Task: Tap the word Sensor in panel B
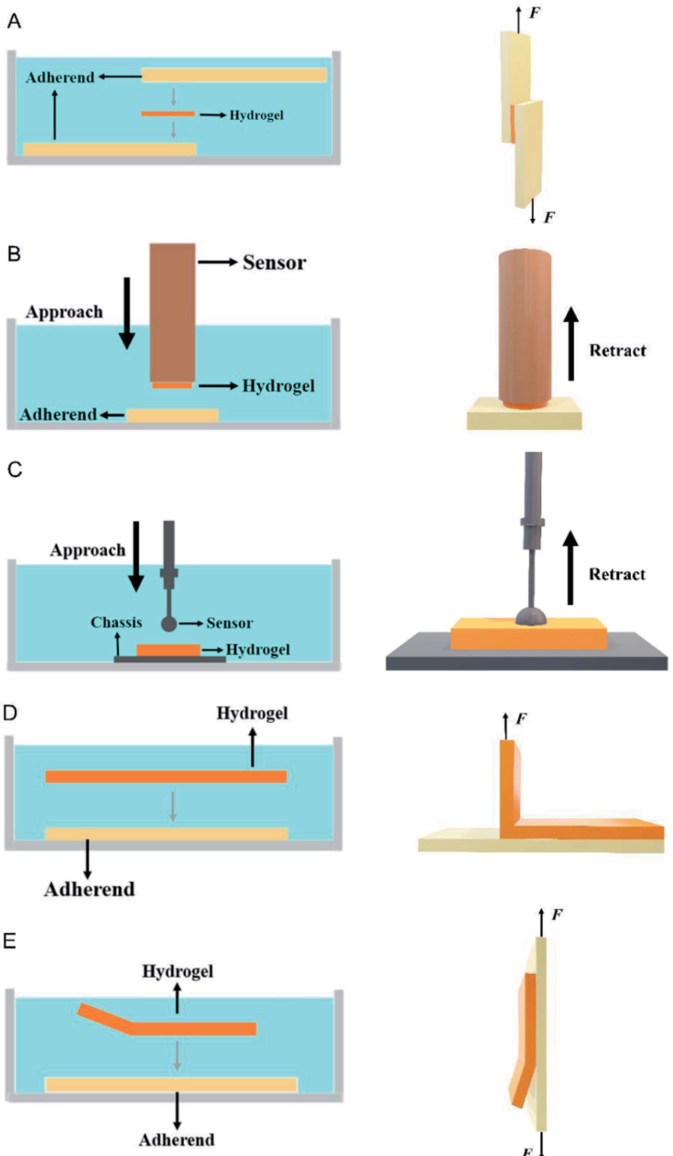tap(274, 263)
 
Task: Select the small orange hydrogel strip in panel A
tap(168, 114)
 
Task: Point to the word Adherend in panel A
tap(60, 78)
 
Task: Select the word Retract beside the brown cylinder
tap(617, 351)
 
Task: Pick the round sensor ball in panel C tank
tap(168, 624)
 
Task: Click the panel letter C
tap(14, 471)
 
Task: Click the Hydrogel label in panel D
tap(252, 713)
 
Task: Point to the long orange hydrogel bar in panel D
tap(166, 777)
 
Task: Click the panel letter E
tap(13, 942)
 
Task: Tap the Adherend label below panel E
tap(177, 1140)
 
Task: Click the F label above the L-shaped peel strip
tap(521, 718)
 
